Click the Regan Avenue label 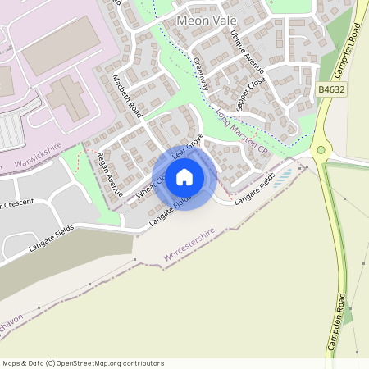pos(109,173)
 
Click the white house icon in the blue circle pos(184,177)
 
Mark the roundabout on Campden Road pos(320,150)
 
